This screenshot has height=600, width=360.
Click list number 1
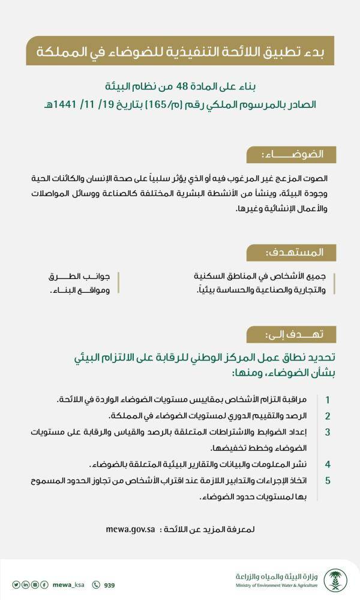pyautogui.click(x=328, y=400)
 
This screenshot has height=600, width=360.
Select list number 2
pyautogui.click(x=328, y=416)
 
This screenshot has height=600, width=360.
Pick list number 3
pyautogui.click(x=328, y=432)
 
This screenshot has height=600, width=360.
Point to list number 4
pyautogui.click(x=328, y=464)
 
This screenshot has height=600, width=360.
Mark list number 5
pyautogui.click(x=328, y=481)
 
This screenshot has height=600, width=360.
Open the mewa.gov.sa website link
pyautogui.click(x=130, y=530)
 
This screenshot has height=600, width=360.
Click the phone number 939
pyautogui.click(x=109, y=585)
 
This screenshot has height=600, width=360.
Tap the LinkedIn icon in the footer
pyautogui.click(x=26, y=585)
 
